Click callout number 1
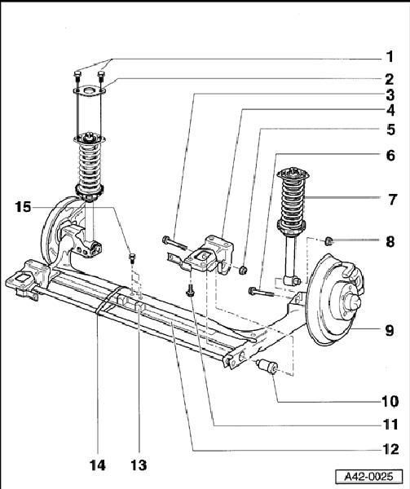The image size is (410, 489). [x=390, y=57]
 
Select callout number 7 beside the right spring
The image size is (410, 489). [x=392, y=200]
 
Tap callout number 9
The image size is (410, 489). [x=390, y=330]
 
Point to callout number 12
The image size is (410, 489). [x=390, y=449]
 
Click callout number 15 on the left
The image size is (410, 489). [x=24, y=207]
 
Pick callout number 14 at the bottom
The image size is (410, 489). [x=98, y=465]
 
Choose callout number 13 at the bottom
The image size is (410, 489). [x=139, y=465]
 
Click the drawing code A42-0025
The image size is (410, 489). [x=369, y=477]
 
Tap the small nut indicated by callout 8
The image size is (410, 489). [x=328, y=240]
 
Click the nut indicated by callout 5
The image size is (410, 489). [x=243, y=270]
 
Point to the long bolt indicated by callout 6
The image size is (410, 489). [x=261, y=292]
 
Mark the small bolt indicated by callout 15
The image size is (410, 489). [x=132, y=258]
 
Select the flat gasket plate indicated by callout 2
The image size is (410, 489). [x=90, y=91]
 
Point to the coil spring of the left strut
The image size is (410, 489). [x=90, y=165]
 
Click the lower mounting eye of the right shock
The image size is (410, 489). [x=293, y=280]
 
